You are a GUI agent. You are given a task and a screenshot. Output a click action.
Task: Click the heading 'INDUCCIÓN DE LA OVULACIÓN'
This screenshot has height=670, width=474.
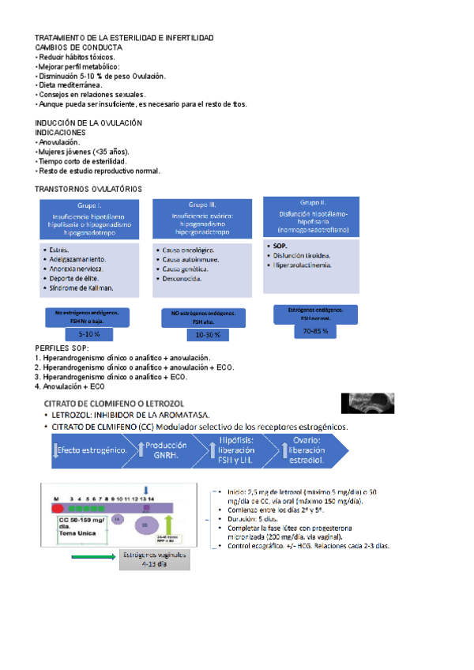[88, 123]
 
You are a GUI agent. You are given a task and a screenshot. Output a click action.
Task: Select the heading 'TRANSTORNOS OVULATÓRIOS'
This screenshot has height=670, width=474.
[88, 190]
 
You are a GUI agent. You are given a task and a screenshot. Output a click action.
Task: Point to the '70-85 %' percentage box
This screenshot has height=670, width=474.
[315, 331]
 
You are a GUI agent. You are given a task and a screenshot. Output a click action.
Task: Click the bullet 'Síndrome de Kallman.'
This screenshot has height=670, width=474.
[81, 288]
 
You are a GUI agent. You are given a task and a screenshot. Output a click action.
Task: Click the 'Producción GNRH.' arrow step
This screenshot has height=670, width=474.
[165, 449]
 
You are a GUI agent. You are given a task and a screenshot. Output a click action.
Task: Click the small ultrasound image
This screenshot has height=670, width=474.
[367, 403]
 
